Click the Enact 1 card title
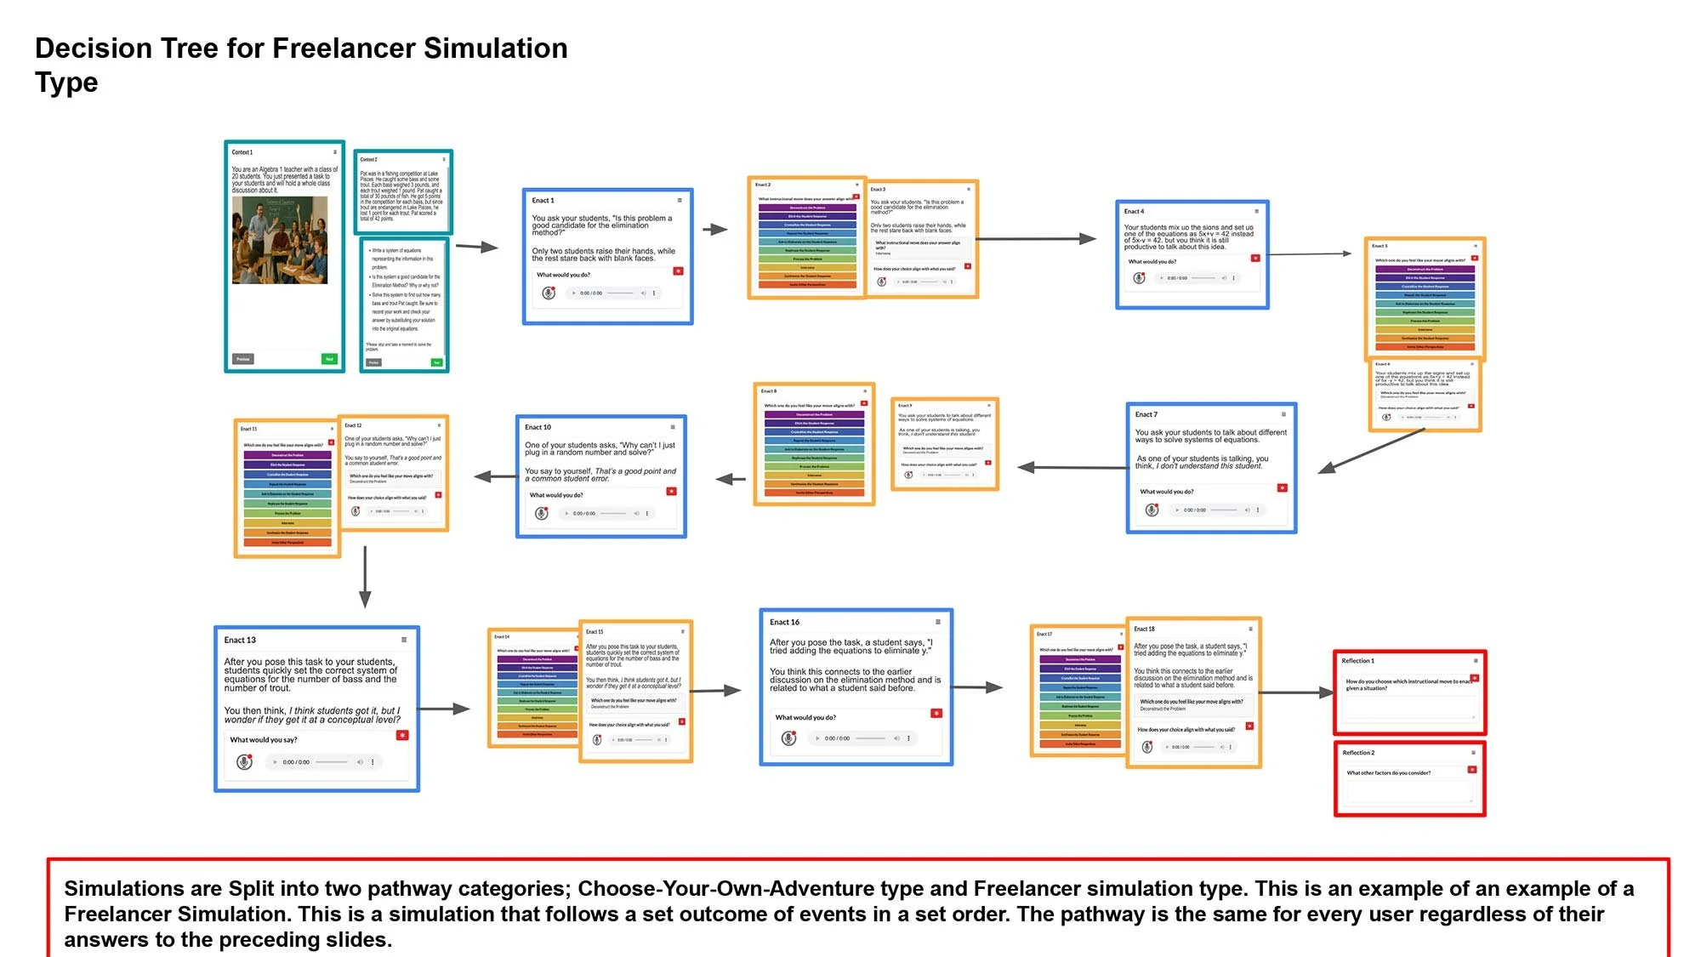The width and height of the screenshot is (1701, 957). (543, 201)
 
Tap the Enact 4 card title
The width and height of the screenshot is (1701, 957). (1134, 212)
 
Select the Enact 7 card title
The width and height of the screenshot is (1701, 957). (1146, 415)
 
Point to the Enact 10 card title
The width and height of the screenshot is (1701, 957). (538, 427)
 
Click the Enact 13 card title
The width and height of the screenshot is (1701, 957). (240, 640)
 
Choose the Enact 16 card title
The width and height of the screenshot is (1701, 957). (784, 622)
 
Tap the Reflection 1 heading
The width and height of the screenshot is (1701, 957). (1357, 661)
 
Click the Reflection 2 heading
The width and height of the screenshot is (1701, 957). (1358, 753)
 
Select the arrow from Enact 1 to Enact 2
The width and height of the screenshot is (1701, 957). (715, 229)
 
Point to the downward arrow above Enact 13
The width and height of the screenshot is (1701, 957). (365, 578)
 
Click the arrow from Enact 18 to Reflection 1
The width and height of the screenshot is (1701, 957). (1296, 692)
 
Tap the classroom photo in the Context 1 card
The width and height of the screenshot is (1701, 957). (280, 240)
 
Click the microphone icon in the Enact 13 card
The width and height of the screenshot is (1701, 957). (244, 762)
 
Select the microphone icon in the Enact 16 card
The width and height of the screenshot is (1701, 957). (788, 738)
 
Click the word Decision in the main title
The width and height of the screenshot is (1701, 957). (91, 48)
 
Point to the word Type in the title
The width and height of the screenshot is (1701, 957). (66, 83)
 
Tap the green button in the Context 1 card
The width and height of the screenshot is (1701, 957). (329, 359)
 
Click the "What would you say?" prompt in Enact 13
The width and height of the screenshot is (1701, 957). (264, 740)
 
